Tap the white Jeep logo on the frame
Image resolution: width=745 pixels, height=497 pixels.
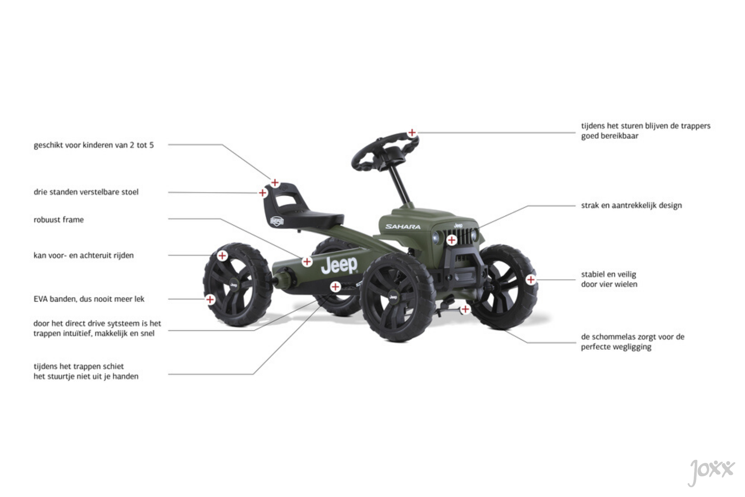click(x=339, y=265)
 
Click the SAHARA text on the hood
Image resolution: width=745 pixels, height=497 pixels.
click(x=403, y=226)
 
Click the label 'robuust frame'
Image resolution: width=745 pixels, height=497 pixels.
click(x=59, y=220)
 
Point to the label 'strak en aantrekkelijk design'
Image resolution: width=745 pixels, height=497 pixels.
click(x=631, y=205)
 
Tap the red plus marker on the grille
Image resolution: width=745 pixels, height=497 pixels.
click(x=452, y=240)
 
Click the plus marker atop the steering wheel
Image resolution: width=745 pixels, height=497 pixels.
click(x=412, y=133)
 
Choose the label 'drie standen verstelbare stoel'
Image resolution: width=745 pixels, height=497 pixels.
click(x=86, y=192)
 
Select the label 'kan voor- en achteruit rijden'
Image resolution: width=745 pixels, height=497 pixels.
click(x=83, y=255)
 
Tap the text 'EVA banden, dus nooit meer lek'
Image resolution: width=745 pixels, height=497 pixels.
click(x=89, y=299)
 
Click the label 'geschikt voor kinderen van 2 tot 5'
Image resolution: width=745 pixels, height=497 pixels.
click(x=94, y=145)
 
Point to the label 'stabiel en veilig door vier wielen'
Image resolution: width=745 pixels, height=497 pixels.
click(x=609, y=279)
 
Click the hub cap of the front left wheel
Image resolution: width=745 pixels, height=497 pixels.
click(x=393, y=297)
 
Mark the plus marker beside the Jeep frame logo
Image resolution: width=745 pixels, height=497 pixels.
click(x=307, y=262)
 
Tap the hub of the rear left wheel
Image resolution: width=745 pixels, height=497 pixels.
click(x=234, y=285)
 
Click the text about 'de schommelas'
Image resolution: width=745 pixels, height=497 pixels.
click(x=632, y=342)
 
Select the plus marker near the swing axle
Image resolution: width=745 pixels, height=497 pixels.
click(x=465, y=309)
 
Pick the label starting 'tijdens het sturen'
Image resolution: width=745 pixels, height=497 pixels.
click(x=646, y=131)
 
